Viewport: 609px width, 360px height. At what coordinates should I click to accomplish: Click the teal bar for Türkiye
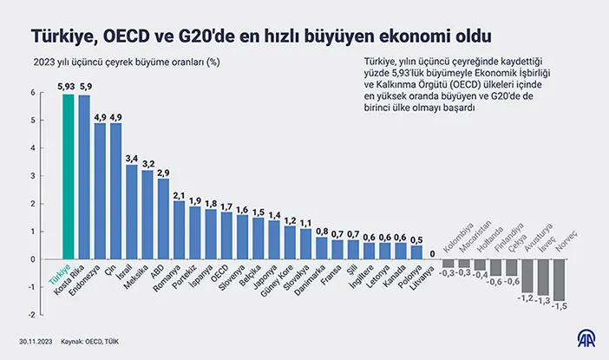pos(69,177)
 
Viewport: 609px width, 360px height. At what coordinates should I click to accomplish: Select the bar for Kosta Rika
pos(84,177)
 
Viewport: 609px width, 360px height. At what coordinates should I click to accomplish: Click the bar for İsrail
pos(132,212)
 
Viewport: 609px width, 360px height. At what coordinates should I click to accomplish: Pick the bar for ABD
pos(163,219)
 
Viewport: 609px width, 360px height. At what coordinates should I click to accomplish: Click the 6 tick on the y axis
pos(31,94)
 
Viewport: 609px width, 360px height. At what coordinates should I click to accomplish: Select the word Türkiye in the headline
pos(63,36)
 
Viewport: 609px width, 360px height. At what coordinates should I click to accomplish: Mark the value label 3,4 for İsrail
pos(132,158)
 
